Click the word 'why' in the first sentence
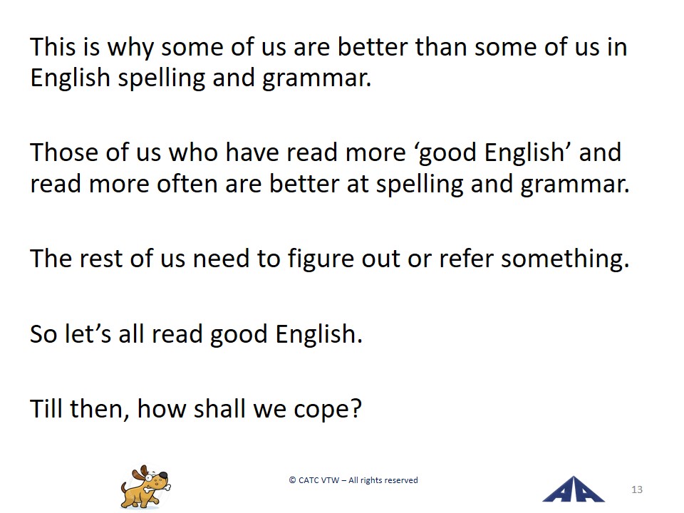point(130,48)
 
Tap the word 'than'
point(441,46)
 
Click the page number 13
point(636,489)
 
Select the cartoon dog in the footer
point(145,487)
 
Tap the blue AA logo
point(573,489)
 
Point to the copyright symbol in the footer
point(292,480)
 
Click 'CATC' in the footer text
point(309,480)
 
